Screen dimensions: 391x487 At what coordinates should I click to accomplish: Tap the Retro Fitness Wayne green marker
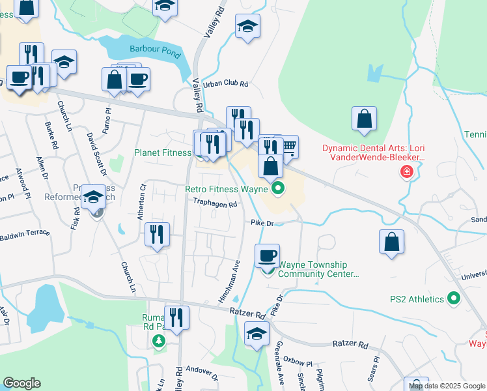click(x=279, y=190)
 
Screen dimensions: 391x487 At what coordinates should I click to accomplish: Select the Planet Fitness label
click(x=163, y=153)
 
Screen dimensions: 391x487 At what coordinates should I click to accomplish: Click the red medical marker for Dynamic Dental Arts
click(x=407, y=172)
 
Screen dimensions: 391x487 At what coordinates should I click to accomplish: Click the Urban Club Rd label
click(x=226, y=84)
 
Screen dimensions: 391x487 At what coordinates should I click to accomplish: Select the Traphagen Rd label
click(x=214, y=203)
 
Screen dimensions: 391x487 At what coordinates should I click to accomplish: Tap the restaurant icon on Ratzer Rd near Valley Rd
click(x=176, y=318)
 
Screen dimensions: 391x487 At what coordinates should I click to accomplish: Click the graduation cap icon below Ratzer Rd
click(x=257, y=335)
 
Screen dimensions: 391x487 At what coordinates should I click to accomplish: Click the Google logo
click(x=21, y=383)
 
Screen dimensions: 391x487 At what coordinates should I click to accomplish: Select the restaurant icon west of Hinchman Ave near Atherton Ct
click(x=157, y=235)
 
